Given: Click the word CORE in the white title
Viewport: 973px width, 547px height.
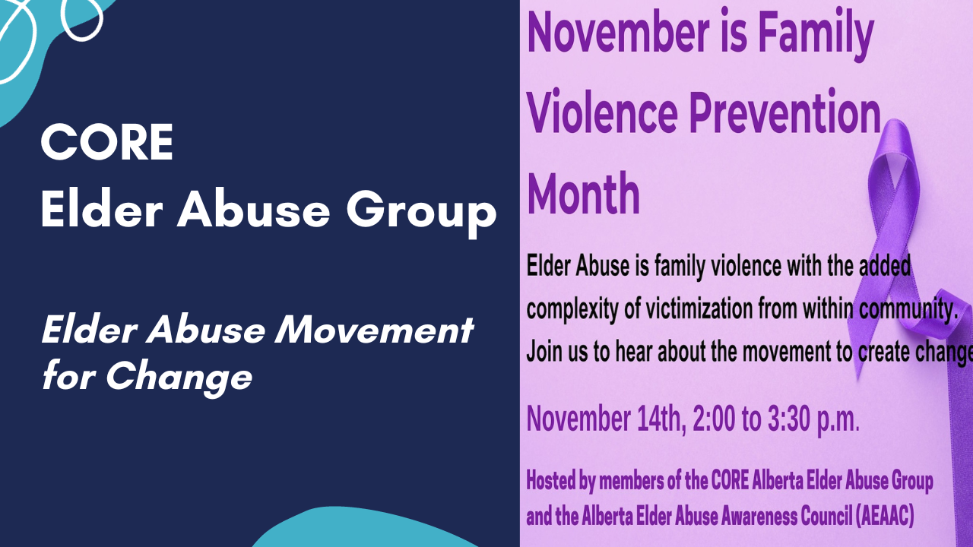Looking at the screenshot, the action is pyautogui.click(x=107, y=142).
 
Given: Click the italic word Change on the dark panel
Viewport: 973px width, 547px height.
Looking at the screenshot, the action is pyautogui.click(x=179, y=378).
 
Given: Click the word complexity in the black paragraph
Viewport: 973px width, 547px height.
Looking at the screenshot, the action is pyautogui.click(x=572, y=310).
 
